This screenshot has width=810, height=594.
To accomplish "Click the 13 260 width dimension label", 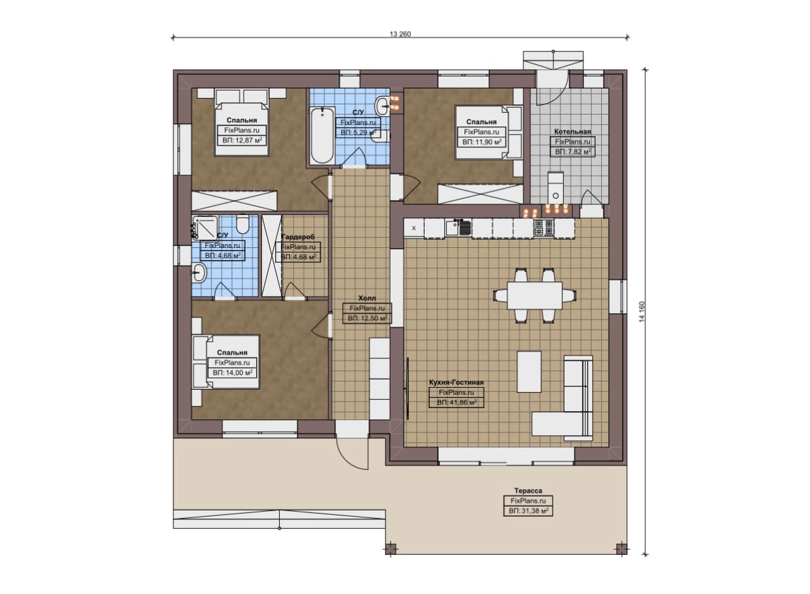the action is tap(400, 34).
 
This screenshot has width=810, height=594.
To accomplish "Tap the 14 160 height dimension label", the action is tap(642, 312).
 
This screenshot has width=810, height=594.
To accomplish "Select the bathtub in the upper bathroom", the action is tap(322, 135).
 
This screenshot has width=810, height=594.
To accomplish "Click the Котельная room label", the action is tap(573, 132).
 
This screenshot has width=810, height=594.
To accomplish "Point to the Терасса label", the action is tap(528, 491).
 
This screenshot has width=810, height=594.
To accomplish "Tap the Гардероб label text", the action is tap(298, 237).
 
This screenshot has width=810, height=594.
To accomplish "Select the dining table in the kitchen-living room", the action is tap(535, 295).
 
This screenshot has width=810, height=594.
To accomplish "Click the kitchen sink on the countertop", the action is tap(458, 228).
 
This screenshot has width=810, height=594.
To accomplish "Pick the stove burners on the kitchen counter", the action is tap(544, 228).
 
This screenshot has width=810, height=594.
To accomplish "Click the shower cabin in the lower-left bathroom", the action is tap(205, 227).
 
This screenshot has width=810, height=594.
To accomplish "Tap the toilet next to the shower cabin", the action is tap(242, 224).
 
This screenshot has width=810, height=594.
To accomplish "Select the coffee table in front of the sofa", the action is tap(529, 372).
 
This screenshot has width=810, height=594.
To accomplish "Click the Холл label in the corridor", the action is tap(367, 299).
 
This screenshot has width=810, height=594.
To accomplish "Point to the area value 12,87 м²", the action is tap(242, 140).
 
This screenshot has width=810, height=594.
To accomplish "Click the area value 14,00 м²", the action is tap(232, 373).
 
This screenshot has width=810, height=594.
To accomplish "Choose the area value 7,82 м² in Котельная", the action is tap(573, 152).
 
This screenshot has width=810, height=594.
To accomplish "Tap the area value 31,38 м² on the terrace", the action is tap(528, 511).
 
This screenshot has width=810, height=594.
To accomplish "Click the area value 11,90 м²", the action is tap(482, 142).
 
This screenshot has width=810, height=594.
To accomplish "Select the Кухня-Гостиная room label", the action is tap(456, 382).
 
